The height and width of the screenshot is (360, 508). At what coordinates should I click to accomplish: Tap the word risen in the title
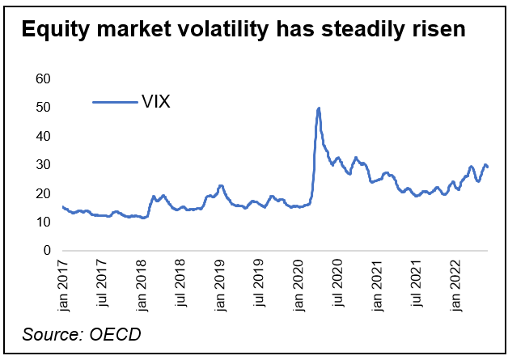(x=438, y=32)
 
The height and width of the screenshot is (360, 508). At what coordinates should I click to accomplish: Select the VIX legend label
(x=155, y=102)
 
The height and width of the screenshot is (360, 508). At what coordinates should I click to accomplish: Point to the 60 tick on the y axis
(x=43, y=78)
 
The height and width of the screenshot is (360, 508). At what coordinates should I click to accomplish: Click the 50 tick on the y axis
(x=43, y=108)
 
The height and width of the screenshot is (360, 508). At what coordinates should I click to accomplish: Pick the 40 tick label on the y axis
(x=43, y=136)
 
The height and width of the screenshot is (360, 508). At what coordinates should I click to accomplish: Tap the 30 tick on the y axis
(x=43, y=165)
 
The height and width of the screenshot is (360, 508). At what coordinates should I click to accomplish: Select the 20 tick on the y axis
(x=43, y=193)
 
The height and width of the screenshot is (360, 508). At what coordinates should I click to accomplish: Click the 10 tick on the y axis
(x=43, y=222)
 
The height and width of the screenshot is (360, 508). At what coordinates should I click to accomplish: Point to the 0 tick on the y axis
(x=46, y=251)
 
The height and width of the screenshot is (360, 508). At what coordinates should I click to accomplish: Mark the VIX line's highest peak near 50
(x=319, y=108)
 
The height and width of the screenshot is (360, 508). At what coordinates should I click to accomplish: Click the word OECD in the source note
(x=116, y=334)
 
